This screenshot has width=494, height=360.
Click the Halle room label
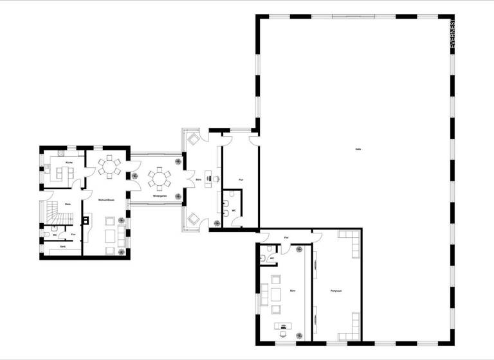[x=358, y=149]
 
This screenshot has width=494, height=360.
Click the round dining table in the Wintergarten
[x=158, y=176]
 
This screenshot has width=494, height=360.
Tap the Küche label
[x=69, y=163]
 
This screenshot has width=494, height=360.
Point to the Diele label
[x=68, y=204]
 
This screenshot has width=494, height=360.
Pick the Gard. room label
[x=62, y=247]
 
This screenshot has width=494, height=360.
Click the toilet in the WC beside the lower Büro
[x=265, y=259]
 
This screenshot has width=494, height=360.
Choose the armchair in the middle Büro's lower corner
[x=193, y=219]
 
